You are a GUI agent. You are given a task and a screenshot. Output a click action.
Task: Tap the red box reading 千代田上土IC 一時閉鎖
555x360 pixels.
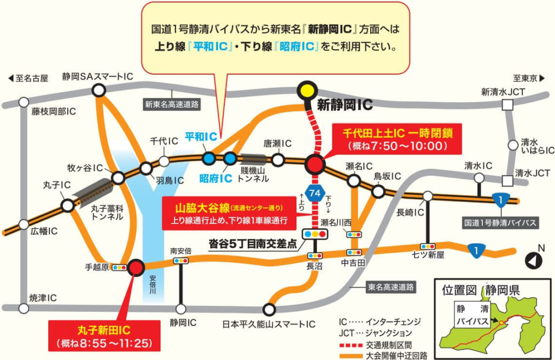click(394, 139)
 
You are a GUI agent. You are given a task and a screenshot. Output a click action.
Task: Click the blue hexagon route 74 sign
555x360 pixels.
click(315, 193)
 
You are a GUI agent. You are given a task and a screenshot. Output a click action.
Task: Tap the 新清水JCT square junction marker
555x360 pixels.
click(508, 106)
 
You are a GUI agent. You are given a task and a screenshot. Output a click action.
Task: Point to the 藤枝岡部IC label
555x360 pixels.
click(54, 112)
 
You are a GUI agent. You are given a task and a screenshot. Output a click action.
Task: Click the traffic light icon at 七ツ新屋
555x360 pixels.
click(425, 246)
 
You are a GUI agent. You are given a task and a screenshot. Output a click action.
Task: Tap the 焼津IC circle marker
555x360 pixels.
click(23, 308)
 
